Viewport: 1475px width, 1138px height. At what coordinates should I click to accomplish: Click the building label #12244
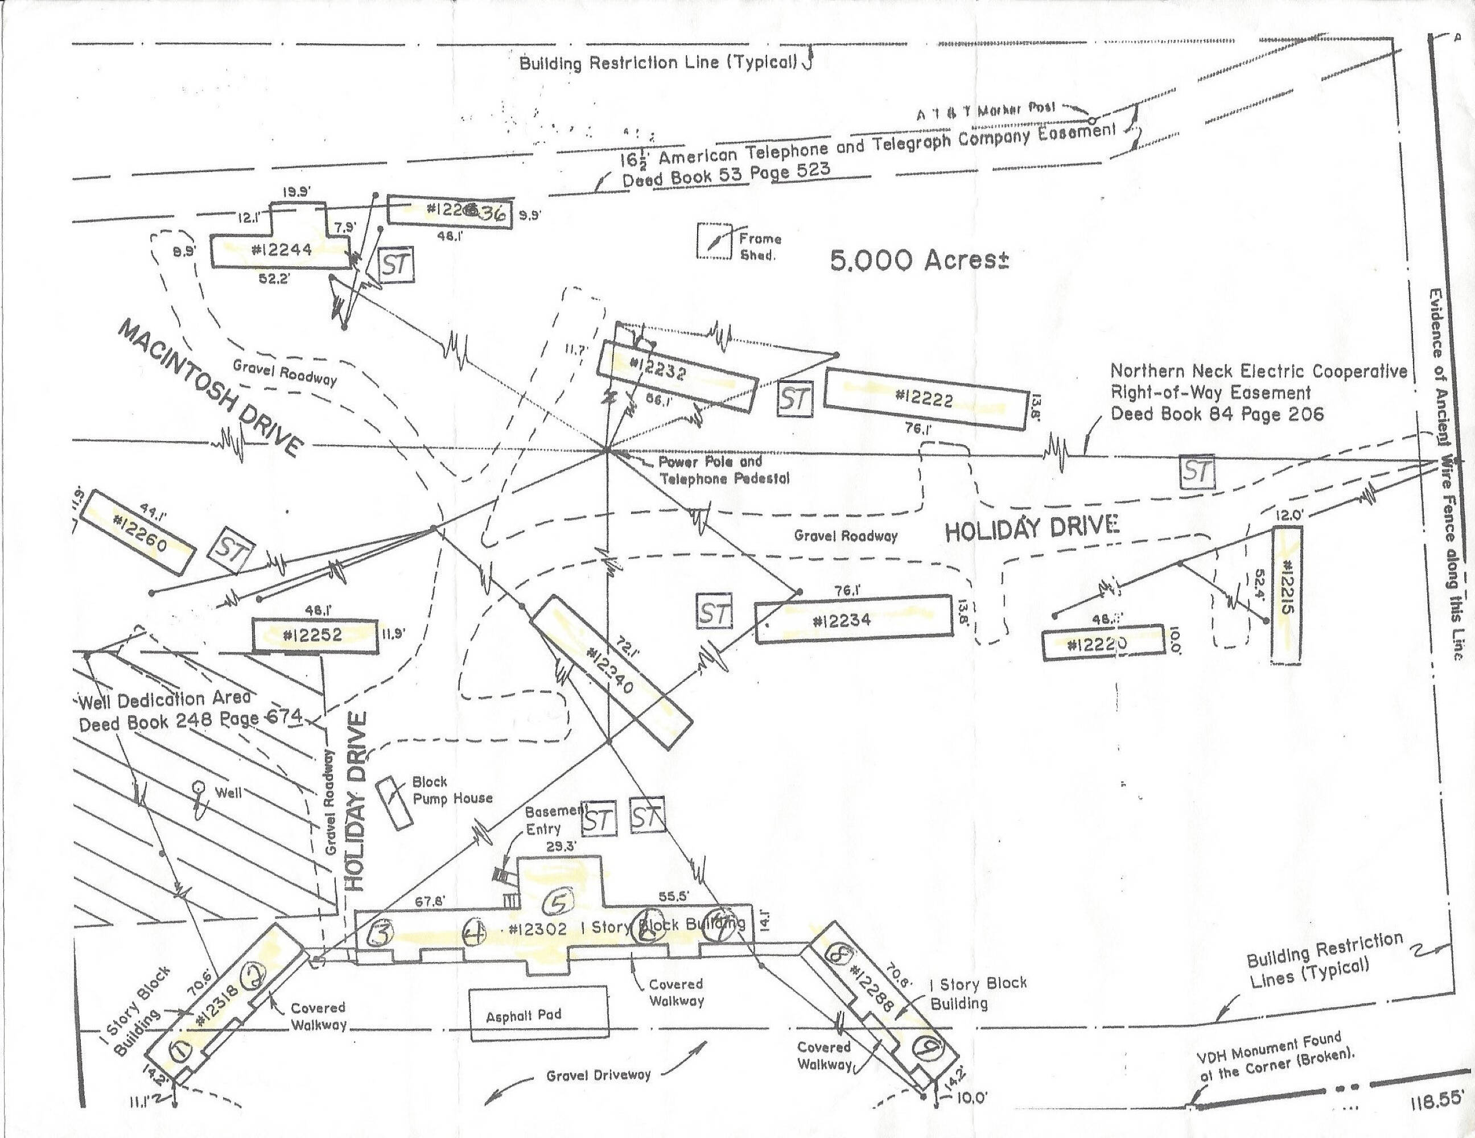point(282,250)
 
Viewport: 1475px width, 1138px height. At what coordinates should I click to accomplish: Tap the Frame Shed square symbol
point(714,241)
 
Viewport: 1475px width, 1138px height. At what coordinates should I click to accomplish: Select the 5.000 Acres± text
point(919,260)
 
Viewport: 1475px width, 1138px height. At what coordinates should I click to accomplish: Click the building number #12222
point(924,398)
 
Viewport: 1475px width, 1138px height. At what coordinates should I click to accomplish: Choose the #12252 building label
point(312,635)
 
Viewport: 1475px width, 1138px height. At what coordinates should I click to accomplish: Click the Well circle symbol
point(199,787)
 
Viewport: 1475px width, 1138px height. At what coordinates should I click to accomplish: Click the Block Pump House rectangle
point(394,802)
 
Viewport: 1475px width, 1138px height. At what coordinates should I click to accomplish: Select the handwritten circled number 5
point(558,900)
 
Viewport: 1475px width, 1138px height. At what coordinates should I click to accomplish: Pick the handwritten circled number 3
point(380,934)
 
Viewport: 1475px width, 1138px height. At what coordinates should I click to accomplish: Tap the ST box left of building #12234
point(714,612)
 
